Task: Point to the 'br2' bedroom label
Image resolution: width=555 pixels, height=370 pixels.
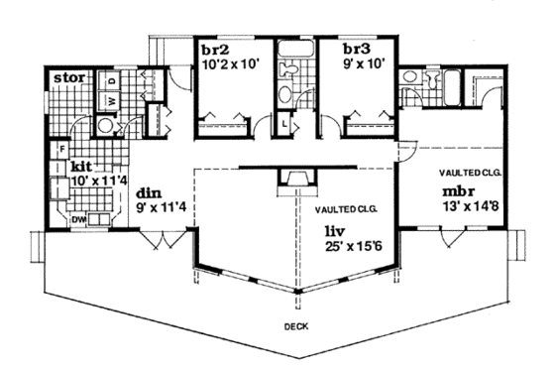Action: click(216, 49)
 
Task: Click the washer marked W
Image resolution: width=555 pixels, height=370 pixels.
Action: click(110, 100)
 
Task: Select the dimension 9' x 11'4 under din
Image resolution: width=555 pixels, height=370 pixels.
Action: click(165, 209)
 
